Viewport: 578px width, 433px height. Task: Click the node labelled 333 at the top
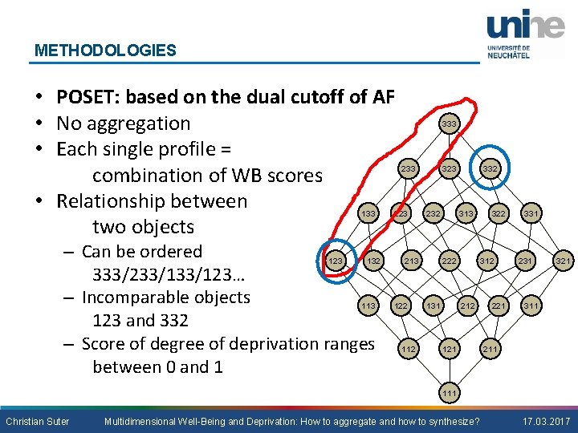(x=449, y=124)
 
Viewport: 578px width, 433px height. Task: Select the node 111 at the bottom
(x=450, y=393)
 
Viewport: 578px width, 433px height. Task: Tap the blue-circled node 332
(x=490, y=169)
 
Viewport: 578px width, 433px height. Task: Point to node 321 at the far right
(x=565, y=261)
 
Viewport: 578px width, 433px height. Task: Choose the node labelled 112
(x=408, y=349)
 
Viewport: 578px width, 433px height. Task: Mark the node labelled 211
(x=490, y=349)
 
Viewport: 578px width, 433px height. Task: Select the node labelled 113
(x=368, y=306)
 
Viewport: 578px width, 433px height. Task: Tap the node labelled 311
(x=531, y=306)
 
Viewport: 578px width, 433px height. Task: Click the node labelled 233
(x=408, y=169)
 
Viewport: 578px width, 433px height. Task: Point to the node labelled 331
(x=531, y=213)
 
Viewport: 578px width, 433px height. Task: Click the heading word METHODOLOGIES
(x=105, y=51)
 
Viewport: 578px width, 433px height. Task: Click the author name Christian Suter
(x=38, y=421)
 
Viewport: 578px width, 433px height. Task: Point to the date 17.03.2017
(x=545, y=421)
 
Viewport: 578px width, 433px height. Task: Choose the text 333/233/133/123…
(x=169, y=275)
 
